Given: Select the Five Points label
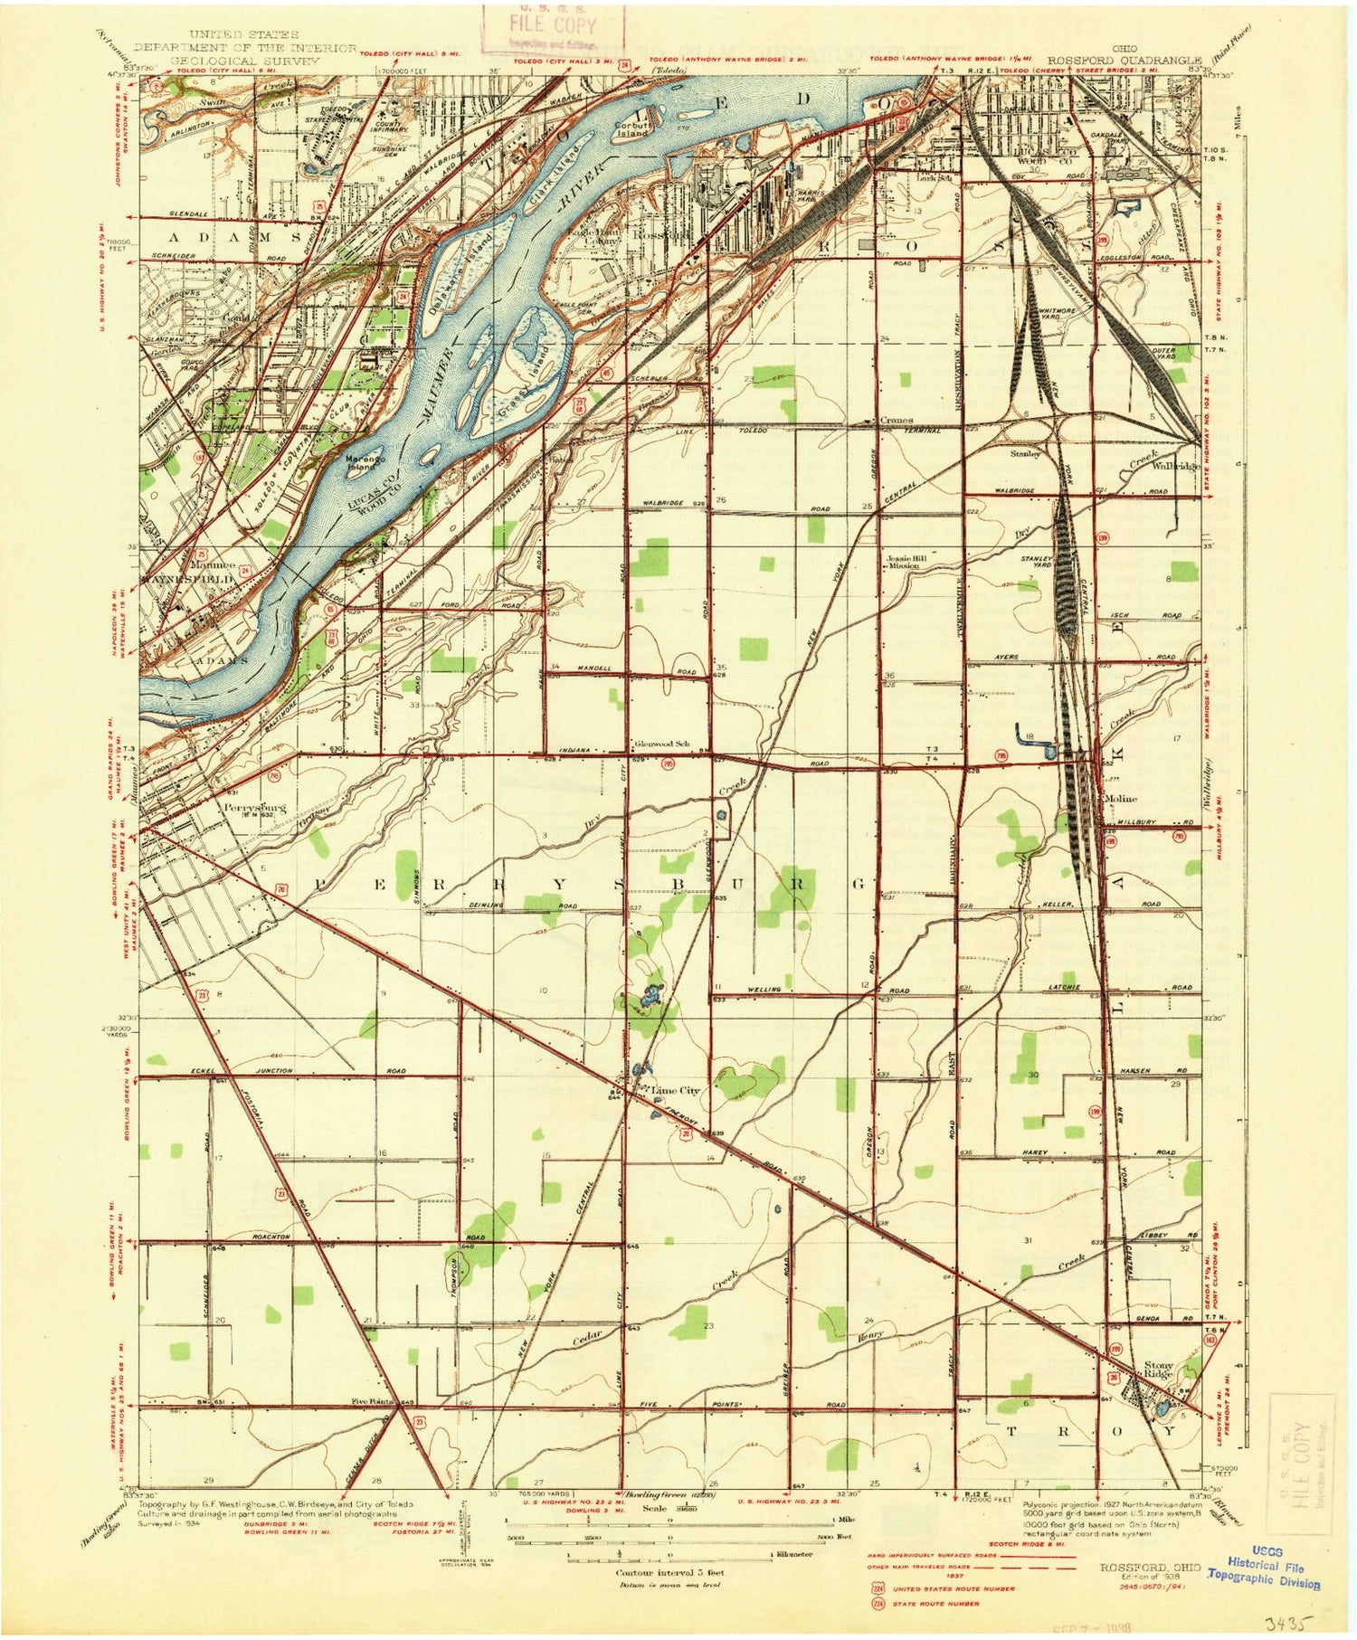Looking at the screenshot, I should (374, 1402).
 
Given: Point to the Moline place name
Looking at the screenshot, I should (1122, 798).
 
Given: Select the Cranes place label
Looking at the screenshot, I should (897, 421).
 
